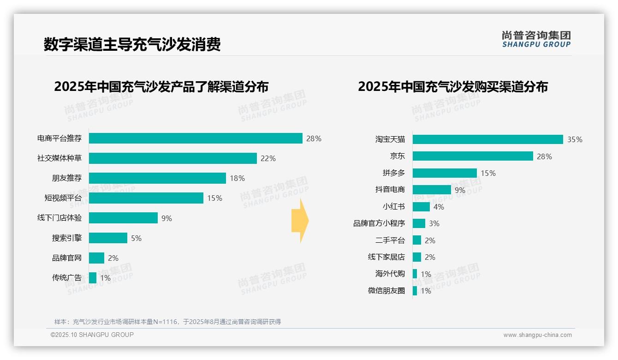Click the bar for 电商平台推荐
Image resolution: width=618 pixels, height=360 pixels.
click(196, 138)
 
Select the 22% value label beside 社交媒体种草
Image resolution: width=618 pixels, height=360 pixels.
click(268, 158)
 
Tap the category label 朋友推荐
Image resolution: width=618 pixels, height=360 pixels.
click(66, 178)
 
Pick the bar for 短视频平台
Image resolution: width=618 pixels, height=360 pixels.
click(146, 198)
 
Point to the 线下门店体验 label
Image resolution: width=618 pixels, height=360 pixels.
click(59, 218)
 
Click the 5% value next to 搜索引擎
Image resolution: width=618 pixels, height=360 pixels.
click(136, 238)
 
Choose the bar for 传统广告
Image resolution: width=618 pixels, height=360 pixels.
click(93, 278)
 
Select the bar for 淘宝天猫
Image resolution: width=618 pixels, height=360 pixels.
click(487, 139)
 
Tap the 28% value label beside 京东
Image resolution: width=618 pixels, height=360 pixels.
click(544, 156)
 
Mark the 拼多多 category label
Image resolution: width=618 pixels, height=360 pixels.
click(393, 173)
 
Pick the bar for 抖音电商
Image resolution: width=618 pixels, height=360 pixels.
click(432, 190)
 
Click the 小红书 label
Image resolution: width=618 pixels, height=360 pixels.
click(393, 207)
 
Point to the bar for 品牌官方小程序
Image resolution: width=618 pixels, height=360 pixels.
click(419, 223)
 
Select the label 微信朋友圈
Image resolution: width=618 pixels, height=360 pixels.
click(386, 291)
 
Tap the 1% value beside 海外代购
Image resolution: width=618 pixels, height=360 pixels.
click(426, 274)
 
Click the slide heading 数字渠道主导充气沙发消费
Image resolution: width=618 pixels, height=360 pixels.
click(132, 44)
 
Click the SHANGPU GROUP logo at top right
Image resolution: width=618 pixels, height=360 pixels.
click(536, 39)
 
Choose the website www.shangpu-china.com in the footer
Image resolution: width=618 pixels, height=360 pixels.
click(537, 335)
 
